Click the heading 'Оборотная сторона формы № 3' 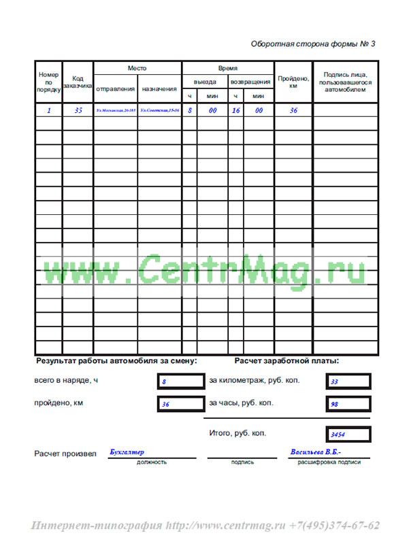313,44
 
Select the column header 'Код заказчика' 78,82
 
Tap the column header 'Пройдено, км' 293,82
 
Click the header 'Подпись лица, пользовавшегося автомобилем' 347,82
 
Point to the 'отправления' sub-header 115,89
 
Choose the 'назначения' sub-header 159,89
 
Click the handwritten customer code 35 78,110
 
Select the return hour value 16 235,110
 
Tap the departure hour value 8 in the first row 190,110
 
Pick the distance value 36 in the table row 293,110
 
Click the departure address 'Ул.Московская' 116,110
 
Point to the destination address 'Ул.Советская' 159,110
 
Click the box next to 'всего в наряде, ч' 180,381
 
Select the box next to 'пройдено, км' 180,404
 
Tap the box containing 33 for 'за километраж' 348,381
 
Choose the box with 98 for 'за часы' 348,404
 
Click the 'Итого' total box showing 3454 348,434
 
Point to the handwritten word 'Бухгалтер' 127,452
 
